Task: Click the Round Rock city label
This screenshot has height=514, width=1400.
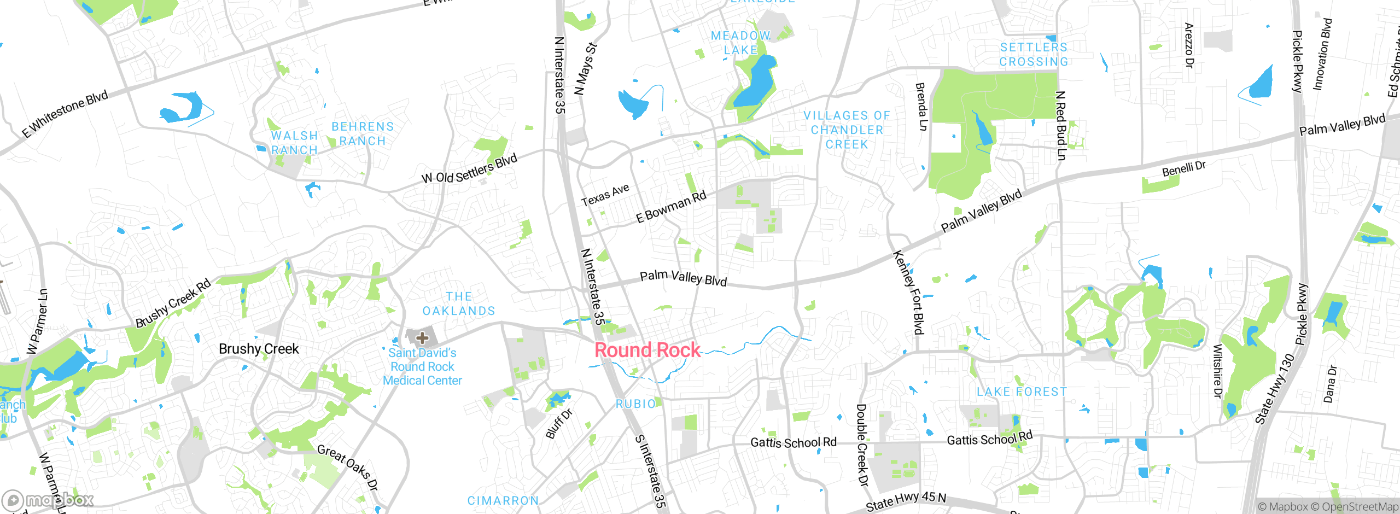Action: pyautogui.click(x=647, y=350)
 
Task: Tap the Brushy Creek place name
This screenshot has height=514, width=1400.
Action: pyautogui.click(x=259, y=349)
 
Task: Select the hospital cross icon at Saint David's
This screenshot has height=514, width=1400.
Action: pyautogui.click(x=422, y=337)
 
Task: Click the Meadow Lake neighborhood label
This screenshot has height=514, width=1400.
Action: pyautogui.click(x=740, y=43)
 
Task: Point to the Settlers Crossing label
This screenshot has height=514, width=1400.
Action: pyautogui.click(x=1034, y=55)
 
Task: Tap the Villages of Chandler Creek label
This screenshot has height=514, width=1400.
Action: pyautogui.click(x=847, y=130)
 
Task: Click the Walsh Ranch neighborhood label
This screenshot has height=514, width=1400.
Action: pyautogui.click(x=294, y=143)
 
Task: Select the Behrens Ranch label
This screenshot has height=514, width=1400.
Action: pyautogui.click(x=363, y=134)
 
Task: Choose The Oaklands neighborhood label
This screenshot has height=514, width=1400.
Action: pyautogui.click(x=459, y=303)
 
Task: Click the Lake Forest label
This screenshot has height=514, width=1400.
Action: pyautogui.click(x=1022, y=392)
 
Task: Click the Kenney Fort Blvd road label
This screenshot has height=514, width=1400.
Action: pyautogui.click(x=908, y=293)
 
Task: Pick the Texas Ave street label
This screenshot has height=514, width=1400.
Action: pyautogui.click(x=605, y=195)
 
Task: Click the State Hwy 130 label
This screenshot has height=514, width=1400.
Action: pyautogui.click(x=1275, y=389)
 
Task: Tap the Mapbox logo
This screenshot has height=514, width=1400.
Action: pyautogui.click(x=48, y=500)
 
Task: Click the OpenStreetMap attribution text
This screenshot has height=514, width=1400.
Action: pyautogui.click(x=1360, y=507)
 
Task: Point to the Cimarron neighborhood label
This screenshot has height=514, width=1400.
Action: pyautogui.click(x=503, y=500)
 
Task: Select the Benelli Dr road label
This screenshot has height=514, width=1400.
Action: pyautogui.click(x=1183, y=169)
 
